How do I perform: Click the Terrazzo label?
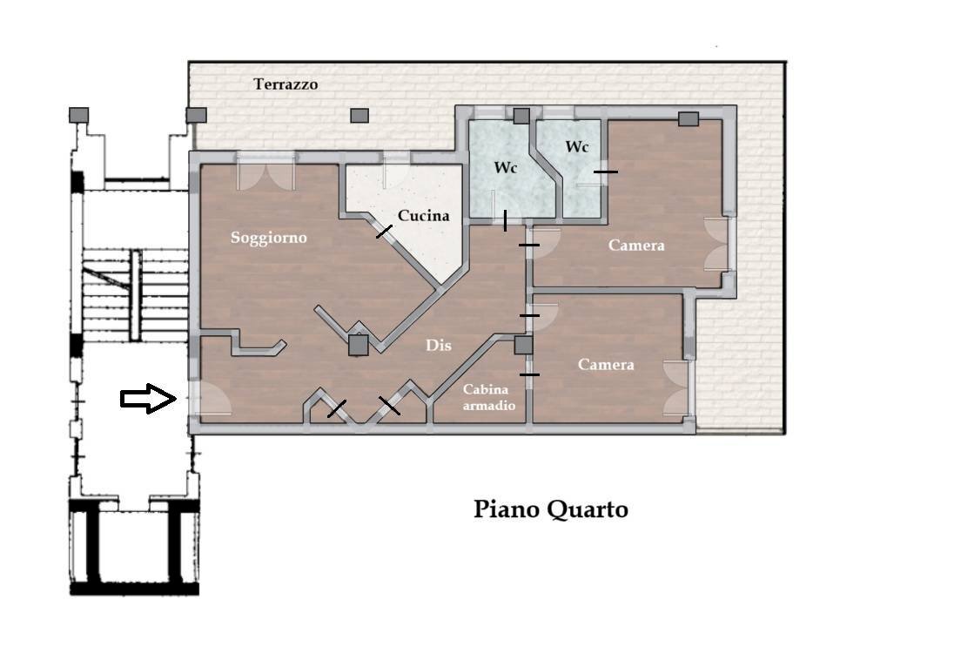[x=286, y=84]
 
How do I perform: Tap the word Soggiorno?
[x=268, y=238]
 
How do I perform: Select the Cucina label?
[x=423, y=216]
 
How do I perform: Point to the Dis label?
[x=438, y=345]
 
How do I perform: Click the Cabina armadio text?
[x=488, y=397]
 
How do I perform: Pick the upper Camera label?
[x=636, y=246]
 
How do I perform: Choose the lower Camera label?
[x=605, y=365]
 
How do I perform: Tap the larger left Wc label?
[x=505, y=167]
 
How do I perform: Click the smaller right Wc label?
[x=576, y=147]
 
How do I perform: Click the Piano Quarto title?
[x=551, y=509]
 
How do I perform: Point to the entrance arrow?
[x=149, y=399]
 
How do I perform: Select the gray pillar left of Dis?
[x=358, y=345]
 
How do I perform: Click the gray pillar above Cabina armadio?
[x=523, y=346]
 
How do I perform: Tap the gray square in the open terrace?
[x=359, y=115]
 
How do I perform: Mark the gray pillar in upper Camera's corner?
[x=689, y=118]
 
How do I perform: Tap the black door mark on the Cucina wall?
[x=384, y=232]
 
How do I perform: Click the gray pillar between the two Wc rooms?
[x=521, y=116]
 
